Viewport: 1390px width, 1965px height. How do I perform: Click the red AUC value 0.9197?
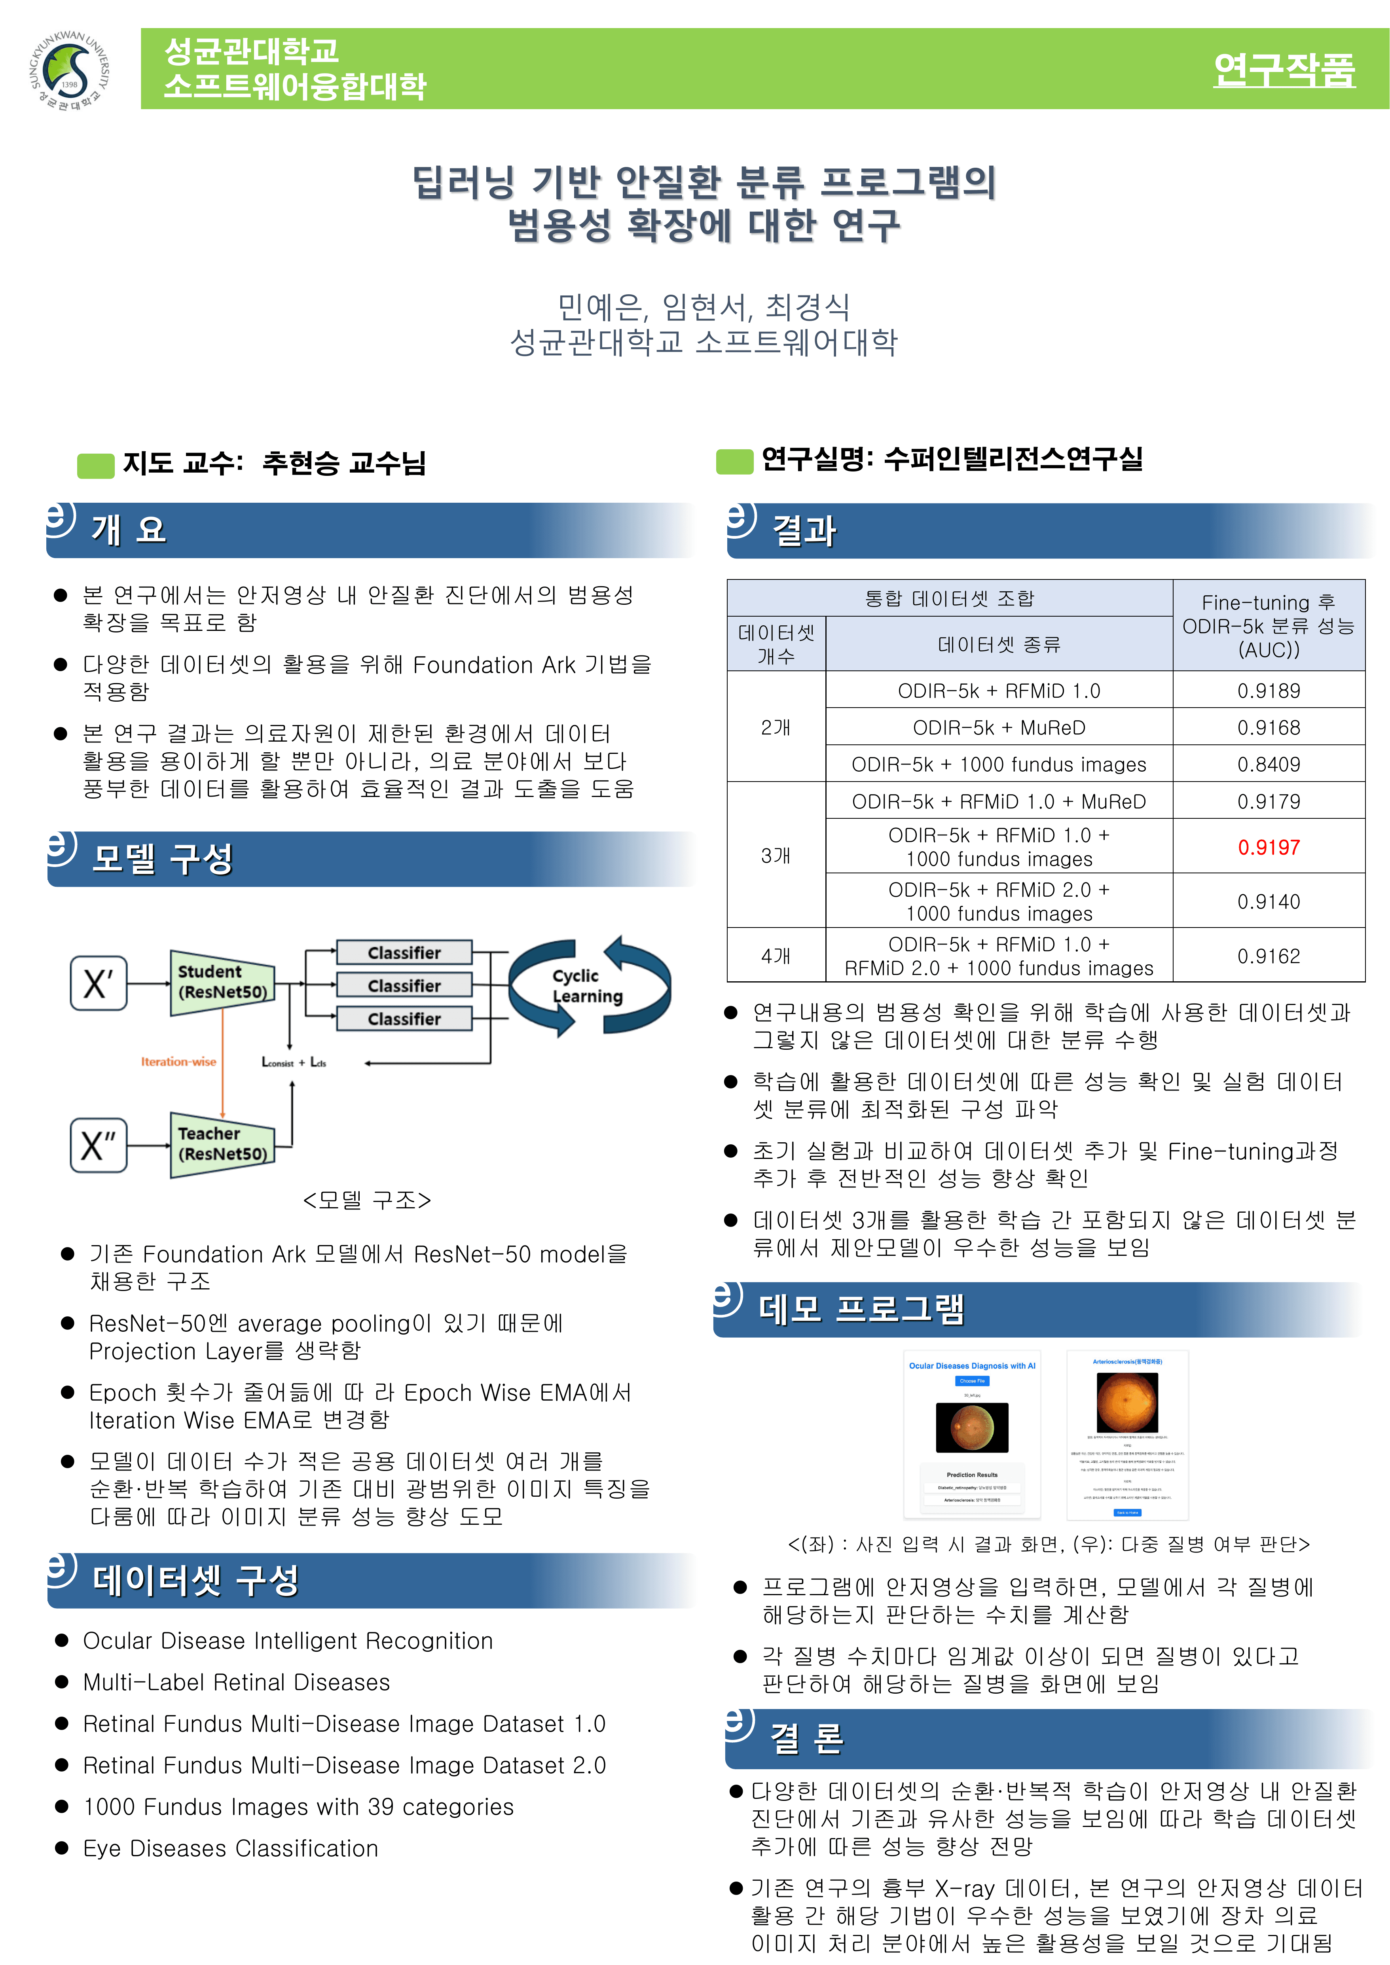[x=1269, y=847]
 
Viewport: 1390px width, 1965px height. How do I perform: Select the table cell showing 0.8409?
[x=1269, y=764]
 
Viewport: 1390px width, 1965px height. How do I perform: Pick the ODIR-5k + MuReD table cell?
[x=999, y=727]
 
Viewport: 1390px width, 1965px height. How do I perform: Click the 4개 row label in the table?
[x=776, y=956]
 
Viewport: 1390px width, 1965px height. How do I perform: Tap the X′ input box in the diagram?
[x=99, y=983]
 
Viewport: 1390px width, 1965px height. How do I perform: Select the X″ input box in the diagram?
[x=99, y=1144]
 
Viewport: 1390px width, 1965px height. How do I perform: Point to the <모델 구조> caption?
[x=366, y=1200]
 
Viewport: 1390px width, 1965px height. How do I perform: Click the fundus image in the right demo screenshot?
[x=1127, y=1402]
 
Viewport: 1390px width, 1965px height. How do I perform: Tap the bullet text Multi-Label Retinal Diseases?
[x=236, y=1683]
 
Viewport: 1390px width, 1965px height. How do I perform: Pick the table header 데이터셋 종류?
[x=999, y=644]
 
